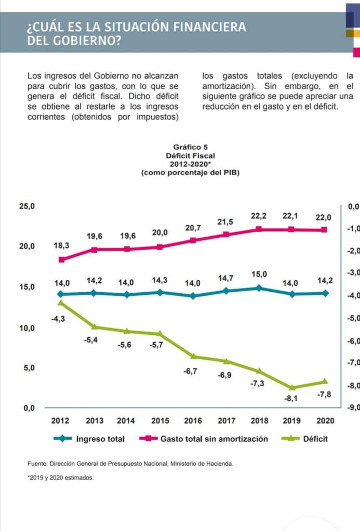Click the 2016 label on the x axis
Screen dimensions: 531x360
tap(192, 420)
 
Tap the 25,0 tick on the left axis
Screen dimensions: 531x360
tap(26, 207)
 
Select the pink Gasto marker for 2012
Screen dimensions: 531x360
tap(62, 260)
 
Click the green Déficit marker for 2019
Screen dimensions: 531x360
tap(292, 388)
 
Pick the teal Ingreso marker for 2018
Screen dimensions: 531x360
tap(259, 288)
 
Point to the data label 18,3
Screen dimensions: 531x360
tap(61, 244)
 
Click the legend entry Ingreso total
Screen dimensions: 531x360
tap(100, 439)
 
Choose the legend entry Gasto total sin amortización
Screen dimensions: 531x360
tap(214, 439)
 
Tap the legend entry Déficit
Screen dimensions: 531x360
tap(315, 439)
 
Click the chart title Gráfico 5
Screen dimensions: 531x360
tap(190, 147)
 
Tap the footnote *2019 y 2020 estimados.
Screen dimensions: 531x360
tap(61, 478)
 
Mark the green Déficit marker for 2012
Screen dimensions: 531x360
tap(61, 303)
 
